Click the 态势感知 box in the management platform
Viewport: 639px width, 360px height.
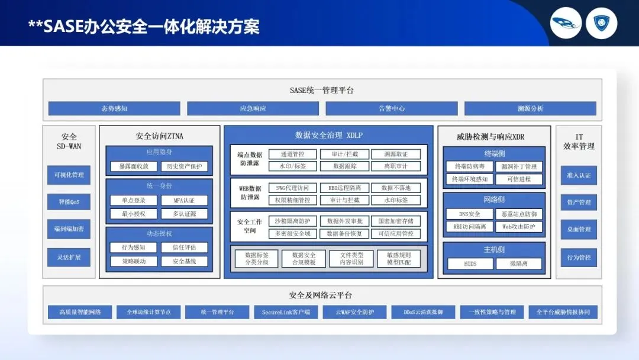point(114,108)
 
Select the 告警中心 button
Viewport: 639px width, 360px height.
point(391,108)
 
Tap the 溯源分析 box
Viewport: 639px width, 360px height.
point(530,108)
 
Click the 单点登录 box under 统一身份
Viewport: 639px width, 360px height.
point(134,200)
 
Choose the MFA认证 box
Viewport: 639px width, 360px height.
point(184,200)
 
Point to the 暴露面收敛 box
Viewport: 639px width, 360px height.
point(134,166)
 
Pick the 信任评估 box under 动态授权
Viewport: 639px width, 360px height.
point(184,247)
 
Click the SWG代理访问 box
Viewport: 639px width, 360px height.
point(292,188)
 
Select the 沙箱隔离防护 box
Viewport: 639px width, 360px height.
point(292,221)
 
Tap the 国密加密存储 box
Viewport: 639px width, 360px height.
point(396,221)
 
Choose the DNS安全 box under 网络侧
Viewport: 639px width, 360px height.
point(469,214)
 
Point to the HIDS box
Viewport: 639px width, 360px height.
point(470,263)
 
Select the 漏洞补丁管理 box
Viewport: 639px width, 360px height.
point(518,166)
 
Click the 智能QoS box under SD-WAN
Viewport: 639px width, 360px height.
point(69,202)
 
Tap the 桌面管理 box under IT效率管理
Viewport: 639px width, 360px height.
point(579,229)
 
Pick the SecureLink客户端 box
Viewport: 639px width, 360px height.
point(286,312)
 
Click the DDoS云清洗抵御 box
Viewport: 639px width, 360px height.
point(423,312)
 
